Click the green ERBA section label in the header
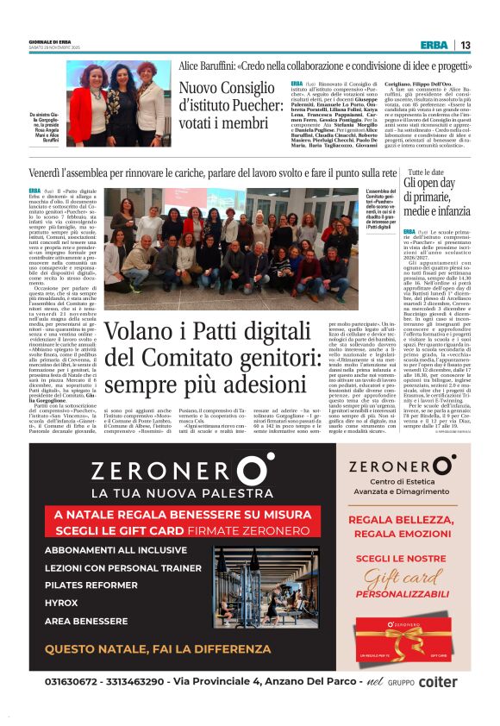coord(434,45)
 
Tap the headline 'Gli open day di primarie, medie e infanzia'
coord(436,197)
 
